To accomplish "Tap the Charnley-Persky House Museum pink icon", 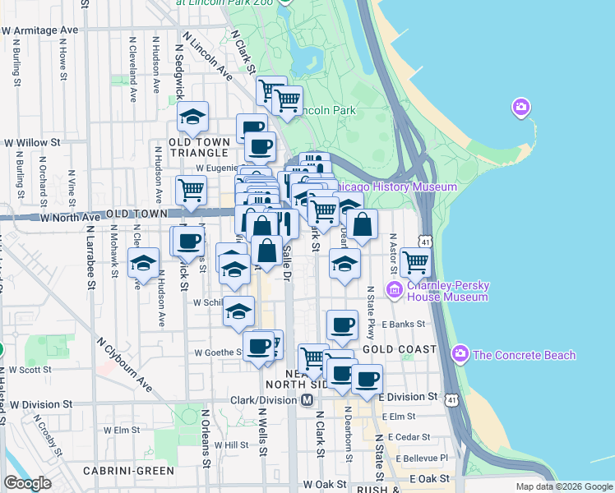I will point(395,289).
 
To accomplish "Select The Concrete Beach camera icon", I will point(460,355).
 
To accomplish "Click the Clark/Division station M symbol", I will point(307,399).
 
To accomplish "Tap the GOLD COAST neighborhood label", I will point(400,349).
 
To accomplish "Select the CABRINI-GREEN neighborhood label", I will point(128,471).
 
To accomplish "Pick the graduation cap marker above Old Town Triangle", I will point(192,117).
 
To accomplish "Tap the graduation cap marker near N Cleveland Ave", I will point(144,263).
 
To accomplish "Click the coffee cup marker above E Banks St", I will point(342,325).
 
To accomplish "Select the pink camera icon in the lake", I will point(520,107).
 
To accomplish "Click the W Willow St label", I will point(33,142).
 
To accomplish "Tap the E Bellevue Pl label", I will point(422,458).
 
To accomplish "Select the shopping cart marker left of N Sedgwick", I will point(191,190).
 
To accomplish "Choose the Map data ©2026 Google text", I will point(564,486).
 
